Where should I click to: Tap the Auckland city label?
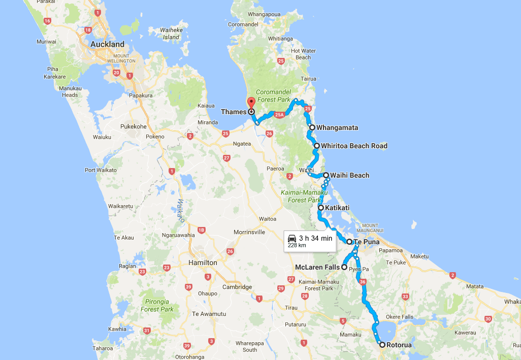click(107, 45)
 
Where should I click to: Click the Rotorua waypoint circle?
click(382, 345)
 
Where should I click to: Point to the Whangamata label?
click(334, 127)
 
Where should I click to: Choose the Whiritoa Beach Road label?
click(354, 146)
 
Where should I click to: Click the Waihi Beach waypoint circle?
click(326, 175)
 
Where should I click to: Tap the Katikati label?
click(336, 208)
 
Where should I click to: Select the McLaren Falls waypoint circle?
click(344, 267)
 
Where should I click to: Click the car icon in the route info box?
click(292, 238)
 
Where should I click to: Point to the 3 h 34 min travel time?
click(315, 238)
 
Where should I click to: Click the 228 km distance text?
click(297, 245)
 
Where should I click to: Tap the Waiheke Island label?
click(171, 34)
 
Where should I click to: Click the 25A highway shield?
click(279, 116)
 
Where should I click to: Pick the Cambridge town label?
click(237, 287)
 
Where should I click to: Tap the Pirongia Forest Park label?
click(157, 306)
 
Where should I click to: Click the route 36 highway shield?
click(362, 281)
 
